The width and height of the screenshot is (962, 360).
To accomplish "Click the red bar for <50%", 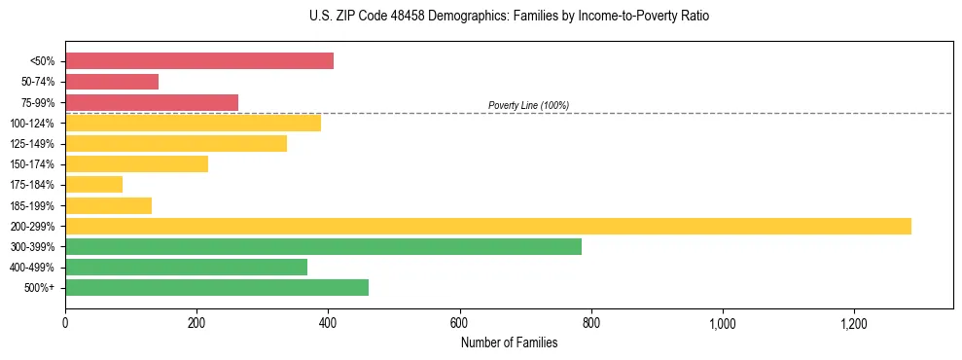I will point(199,61).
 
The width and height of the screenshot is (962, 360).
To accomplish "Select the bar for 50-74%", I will point(112,82).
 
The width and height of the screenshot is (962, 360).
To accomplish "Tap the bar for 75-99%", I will point(152,102).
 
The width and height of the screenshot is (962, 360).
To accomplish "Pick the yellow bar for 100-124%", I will point(193,123).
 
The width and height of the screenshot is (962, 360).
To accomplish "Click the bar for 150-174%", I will point(136,164).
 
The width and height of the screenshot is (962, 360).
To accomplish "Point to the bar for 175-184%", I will point(93,185).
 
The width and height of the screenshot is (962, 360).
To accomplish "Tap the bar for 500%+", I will point(217,287).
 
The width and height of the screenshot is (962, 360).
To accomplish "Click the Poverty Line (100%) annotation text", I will point(528,105).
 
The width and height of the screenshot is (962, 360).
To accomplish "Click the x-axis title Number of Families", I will point(509,342).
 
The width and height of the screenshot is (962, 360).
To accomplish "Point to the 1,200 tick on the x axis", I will point(854,322).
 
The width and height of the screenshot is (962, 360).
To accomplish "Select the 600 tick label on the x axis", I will point(459,322).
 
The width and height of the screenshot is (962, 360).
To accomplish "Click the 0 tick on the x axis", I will point(65,322).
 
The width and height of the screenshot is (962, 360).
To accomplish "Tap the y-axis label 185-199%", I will point(34,205).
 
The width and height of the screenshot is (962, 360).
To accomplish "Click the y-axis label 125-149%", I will point(34,144).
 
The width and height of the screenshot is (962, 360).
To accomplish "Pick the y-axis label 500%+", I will point(40,288).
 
